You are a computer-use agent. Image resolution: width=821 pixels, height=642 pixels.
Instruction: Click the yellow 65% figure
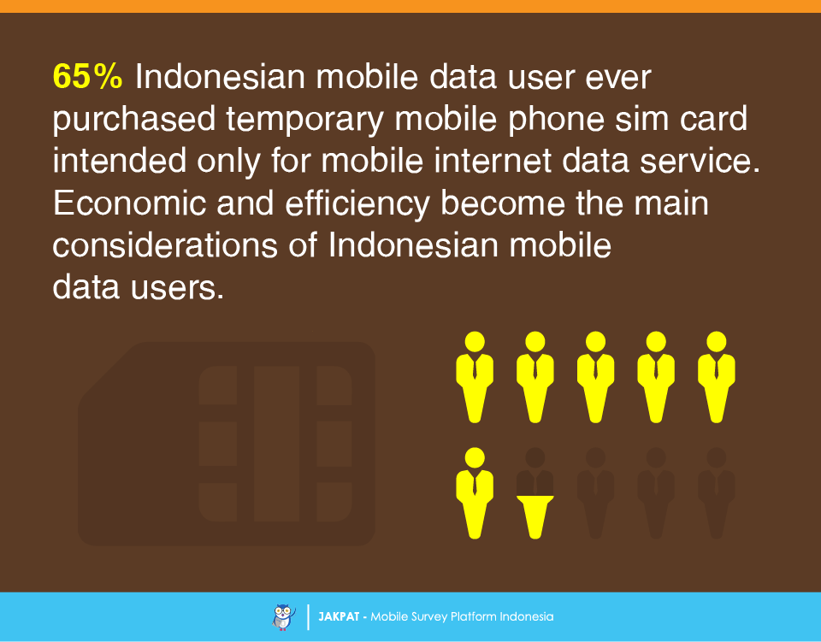(x=87, y=77)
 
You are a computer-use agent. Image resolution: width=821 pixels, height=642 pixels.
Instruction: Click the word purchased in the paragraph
(x=134, y=120)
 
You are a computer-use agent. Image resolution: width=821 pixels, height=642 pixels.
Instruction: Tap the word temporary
(x=305, y=120)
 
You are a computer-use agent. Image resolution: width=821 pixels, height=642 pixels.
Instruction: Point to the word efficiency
(x=357, y=203)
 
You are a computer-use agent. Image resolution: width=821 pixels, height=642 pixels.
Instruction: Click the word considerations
(x=165, y=244)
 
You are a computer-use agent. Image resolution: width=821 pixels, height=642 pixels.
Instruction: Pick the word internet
(x=493, y=161)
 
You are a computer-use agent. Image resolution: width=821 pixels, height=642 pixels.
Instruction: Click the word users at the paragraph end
(x=177, y=287)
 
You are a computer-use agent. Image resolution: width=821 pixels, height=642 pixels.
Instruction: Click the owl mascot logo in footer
(x=284, y=617)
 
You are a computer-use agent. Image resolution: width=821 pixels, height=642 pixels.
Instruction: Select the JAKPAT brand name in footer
(x=339, y=617)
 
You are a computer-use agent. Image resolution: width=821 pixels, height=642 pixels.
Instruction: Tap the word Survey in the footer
(x=428, y=617)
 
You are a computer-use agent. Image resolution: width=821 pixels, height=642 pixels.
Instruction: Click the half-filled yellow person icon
(x=535, y=493)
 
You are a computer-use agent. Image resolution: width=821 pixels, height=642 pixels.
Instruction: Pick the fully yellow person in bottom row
(x=475, y=493)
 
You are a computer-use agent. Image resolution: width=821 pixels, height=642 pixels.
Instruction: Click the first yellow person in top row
(x=475, y=377)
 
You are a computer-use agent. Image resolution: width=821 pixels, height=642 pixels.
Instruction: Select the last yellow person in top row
(x=717, y=377)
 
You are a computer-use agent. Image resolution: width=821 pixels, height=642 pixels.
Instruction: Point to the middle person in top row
(x=595, y=377)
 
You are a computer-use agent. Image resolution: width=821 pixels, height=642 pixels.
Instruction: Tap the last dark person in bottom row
(x=717, y=493)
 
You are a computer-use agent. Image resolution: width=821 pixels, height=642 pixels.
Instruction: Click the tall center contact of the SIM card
(x=276, y=444)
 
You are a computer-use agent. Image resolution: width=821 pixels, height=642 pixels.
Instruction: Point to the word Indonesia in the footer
(x=526, y=617)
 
